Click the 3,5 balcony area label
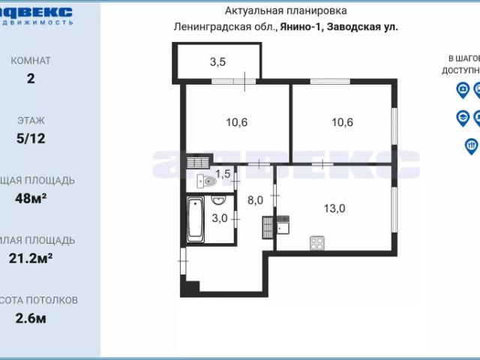point(217,62)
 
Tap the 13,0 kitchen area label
point(334,209)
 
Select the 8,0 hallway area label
point(256,200)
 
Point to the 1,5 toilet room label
point(223,175)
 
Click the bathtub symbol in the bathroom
point(196,219)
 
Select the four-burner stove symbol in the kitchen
point(317,243)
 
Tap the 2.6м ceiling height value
point(31,318)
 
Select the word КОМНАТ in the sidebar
point(31,60)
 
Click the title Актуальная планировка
point(286,10)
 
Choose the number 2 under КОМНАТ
point(31,78)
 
